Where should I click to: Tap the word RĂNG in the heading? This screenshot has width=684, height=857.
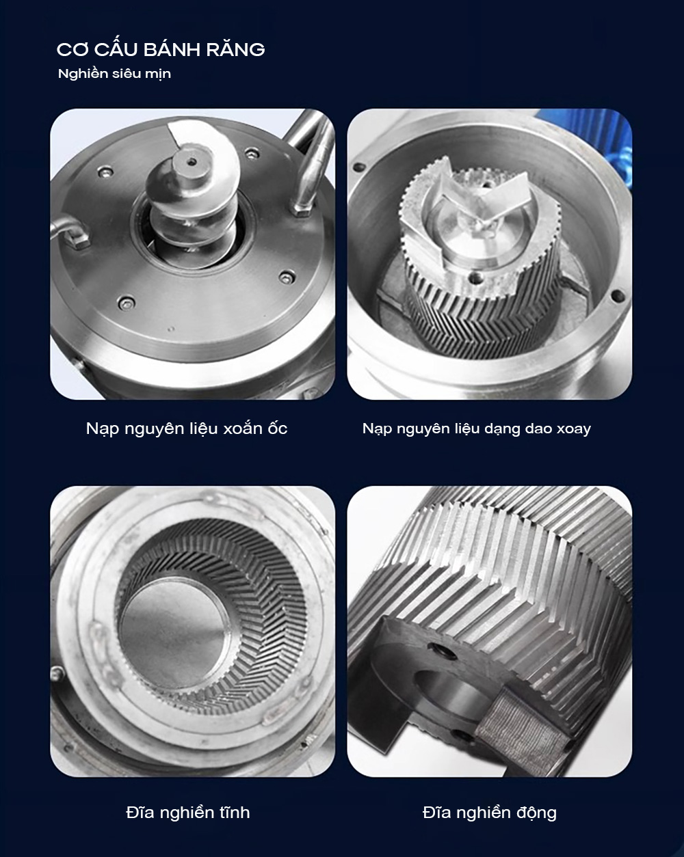pyautogui.click(x=235, y=49)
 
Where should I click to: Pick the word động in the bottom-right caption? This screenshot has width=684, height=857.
pyautogui.click(x=536, y=813)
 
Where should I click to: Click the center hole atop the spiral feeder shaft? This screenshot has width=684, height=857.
pyautogui.click(x=192, y=162)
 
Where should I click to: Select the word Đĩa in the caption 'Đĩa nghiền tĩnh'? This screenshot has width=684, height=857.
pyautogui.click(x=140, y=813)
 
